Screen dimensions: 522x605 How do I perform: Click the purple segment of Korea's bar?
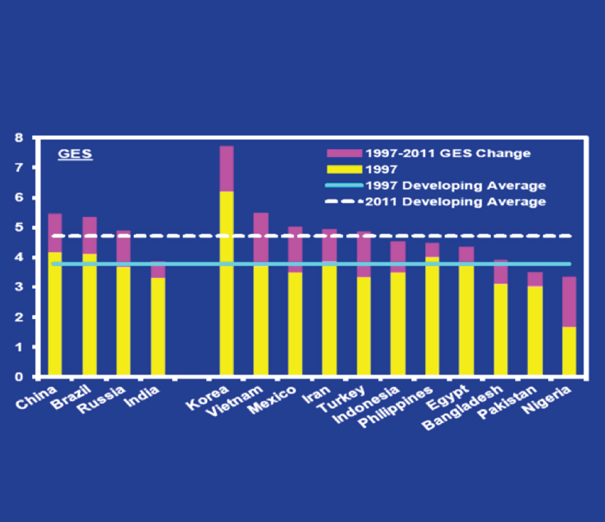point(226,169)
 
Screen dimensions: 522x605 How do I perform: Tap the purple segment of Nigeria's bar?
point(569,302)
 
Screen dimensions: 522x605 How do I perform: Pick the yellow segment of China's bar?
point(55,314)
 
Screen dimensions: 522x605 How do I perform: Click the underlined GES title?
point(75,154)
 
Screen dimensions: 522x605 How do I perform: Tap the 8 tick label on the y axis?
point(19,138)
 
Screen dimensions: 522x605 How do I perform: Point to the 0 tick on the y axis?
point(19,377)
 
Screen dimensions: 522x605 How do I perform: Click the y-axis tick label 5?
point(19,227)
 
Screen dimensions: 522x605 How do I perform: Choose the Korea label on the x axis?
point(207,398)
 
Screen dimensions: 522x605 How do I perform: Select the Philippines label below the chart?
point(395,407)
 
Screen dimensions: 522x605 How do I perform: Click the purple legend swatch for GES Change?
point(344,153)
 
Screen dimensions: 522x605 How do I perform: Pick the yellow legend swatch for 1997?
point(344,169)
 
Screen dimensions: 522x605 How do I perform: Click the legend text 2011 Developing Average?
point(455,202)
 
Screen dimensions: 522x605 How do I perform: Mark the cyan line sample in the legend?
point(344,185)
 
